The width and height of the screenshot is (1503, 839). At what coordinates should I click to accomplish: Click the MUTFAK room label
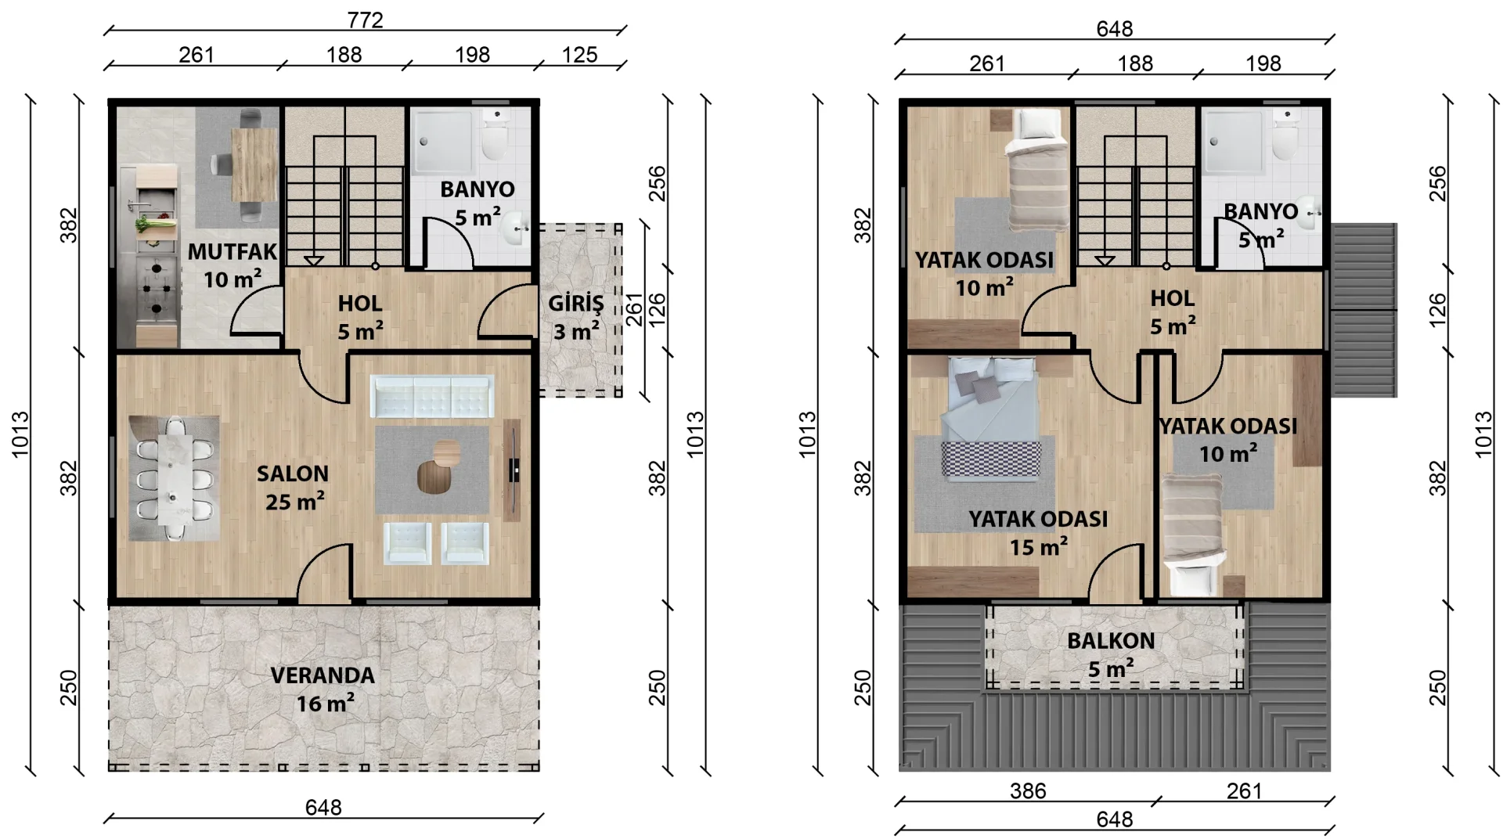pos(232,252)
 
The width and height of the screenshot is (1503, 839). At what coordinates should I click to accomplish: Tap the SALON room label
pos(293,474)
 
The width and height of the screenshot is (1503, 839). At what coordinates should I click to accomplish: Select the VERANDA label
pos(323,675)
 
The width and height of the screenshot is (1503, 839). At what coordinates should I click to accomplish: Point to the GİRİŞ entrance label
pos(576,304)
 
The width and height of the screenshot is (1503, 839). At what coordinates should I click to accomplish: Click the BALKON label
pos(1111,641)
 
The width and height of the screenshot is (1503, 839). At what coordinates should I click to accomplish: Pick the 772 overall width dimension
pos(366,20)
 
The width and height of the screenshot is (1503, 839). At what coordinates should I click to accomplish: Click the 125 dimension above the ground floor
pos(579,55)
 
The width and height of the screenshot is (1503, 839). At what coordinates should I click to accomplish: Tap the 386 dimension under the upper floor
pos(1028,791)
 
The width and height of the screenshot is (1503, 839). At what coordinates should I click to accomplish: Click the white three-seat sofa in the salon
pos(431,397)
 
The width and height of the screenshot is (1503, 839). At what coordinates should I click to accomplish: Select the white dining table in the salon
pos(173,478)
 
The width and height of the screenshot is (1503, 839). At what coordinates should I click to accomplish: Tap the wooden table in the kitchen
pos(254,165)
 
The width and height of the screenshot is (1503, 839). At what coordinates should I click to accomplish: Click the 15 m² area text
pos(1038,547)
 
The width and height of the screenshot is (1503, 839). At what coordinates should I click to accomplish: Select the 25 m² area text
pos(295,502)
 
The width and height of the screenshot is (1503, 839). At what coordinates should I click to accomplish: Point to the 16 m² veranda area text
pos(325,704)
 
